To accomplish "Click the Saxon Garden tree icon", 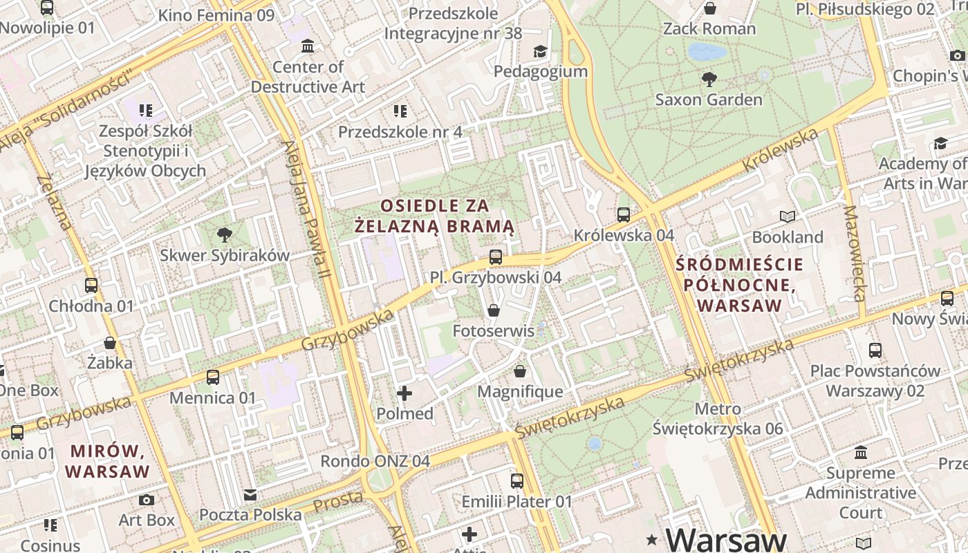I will coord(709,79).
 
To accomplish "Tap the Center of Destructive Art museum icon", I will coord(308,46).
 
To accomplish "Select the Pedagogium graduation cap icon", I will coord(540,51).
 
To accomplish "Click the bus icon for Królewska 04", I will coord(624,215).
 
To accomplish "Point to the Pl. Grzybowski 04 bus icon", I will coord(495,257).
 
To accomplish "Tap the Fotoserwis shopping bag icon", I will coord(494,310).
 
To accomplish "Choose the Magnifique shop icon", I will coord(520,372).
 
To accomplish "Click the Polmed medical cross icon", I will coord(404,393).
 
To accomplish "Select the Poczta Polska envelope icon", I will coord(250,494).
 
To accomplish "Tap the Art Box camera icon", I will coord(147,500).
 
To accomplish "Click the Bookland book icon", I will coord(788,217).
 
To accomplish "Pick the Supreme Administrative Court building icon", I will coord(861,453).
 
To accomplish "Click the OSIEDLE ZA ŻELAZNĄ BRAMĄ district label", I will coord(435,216).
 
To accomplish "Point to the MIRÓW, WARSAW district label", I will coord(110,462).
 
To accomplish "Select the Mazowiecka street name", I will coord(855,254).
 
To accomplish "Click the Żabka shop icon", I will coord(110,342).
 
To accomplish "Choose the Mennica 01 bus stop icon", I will coord(213,377).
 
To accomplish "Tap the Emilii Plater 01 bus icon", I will coord(517,481).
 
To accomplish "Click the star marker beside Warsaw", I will coord(651,538).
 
